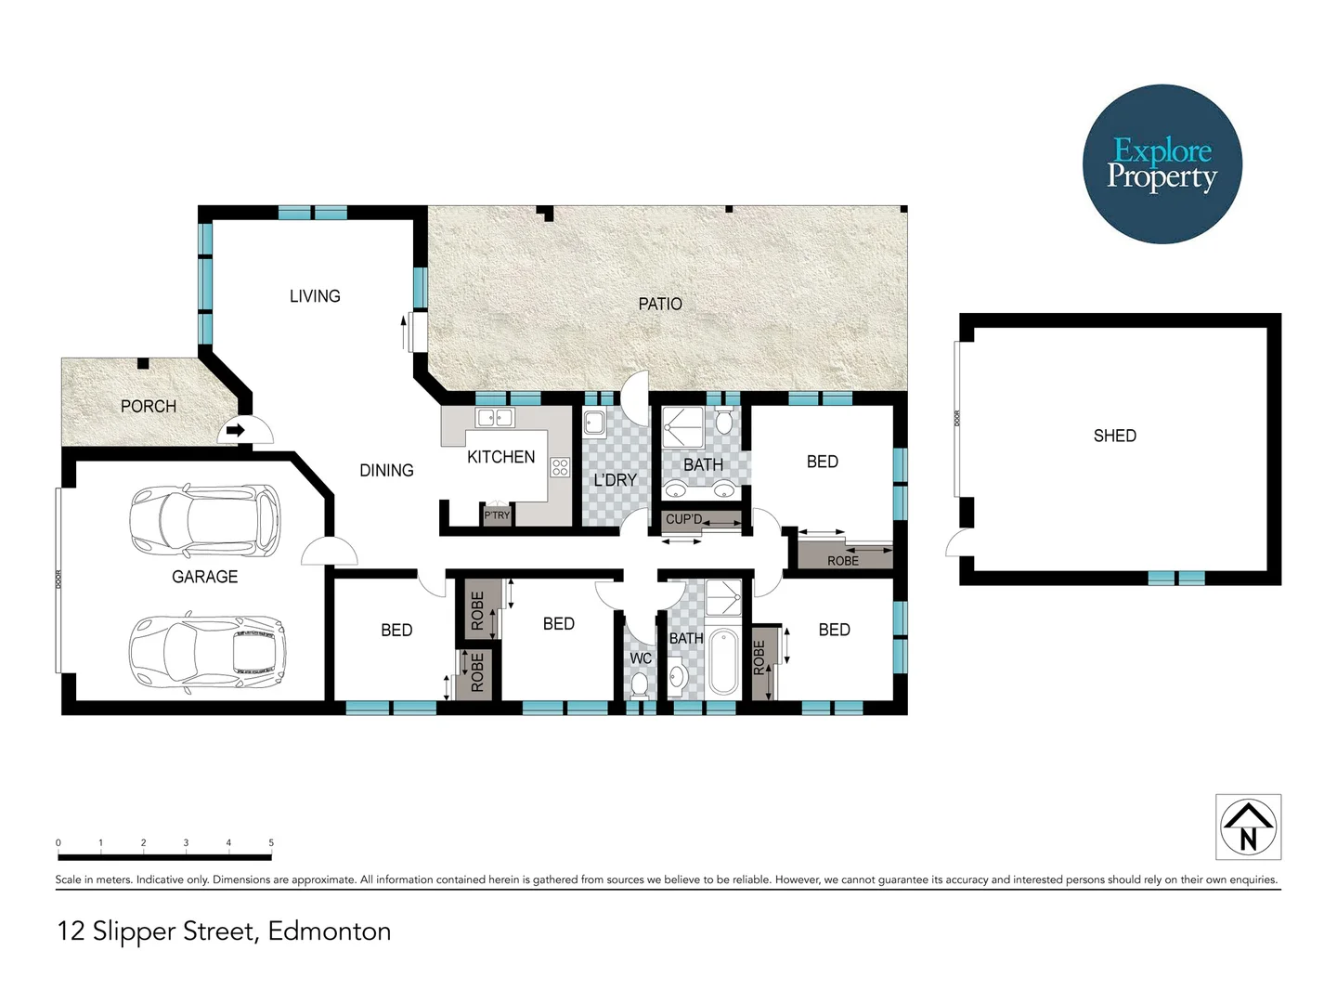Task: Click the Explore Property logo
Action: click(1162, 164)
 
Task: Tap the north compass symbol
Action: click(1248, 827)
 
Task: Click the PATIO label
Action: click(660, 304)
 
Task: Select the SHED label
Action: click(1114, 436)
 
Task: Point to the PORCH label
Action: click(149, 406)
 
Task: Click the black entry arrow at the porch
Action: click(235, 430)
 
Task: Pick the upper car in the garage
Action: click(204, 519)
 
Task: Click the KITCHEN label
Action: click(500, 457)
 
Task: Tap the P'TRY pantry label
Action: click(497, 515)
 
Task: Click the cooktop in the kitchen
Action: click(559, 467)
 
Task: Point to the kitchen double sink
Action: click(494, 418)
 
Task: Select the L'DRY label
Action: click(615, 480)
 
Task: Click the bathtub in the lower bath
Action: click(723, 662)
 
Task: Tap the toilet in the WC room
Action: click(640, 684)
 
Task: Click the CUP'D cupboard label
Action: click(683, 519)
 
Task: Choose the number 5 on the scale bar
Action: click(271, 842)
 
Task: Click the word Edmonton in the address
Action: click(329, 931)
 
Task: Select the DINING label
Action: click(386, 470)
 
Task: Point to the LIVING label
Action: click(315, 296)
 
